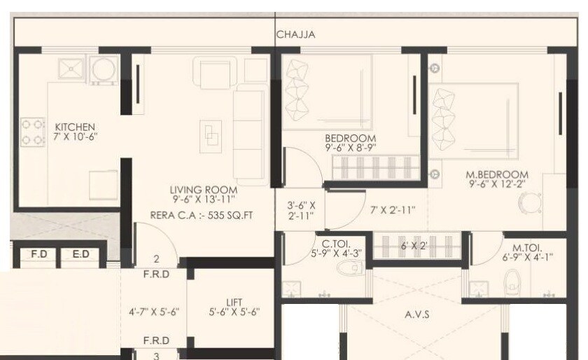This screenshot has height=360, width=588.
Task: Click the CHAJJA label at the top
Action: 295,34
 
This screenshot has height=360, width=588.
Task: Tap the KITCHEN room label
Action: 75,127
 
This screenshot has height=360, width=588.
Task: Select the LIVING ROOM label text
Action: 203,190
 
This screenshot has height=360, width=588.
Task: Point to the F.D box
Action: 38,254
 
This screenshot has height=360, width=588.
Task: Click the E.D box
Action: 80,254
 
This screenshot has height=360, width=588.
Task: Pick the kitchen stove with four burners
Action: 32,131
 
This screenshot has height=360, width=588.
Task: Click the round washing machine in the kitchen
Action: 103,69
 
